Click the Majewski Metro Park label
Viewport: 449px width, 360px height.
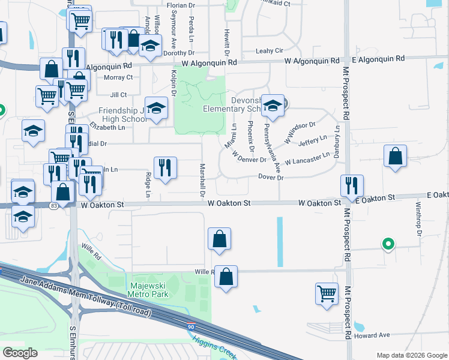[148, 290]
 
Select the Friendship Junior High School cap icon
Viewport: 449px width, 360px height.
[156, 108]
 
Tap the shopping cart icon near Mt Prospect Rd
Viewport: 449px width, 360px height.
[327, 293]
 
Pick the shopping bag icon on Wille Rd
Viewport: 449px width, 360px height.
[226, 277]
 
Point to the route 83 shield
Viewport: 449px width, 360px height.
[54, 206]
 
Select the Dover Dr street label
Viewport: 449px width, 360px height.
[270, 178]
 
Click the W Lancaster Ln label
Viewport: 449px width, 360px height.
[308, 159]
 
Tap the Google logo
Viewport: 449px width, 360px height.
[20, 353]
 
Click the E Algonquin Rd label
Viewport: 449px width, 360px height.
[378, 59]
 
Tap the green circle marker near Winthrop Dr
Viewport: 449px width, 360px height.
[388, 244]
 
